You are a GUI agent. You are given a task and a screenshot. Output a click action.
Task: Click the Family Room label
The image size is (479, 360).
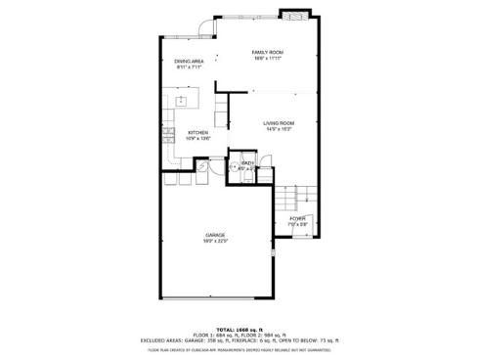(x=266, y=52)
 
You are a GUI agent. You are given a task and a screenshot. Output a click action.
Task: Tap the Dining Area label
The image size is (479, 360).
(x=189, y=61)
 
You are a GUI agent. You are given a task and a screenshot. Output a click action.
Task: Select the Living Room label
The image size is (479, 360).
(x=279, y=122)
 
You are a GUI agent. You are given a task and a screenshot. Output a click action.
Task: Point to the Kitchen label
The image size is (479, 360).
(x=197, y=132)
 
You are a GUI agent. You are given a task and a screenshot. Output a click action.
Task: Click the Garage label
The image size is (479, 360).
(x=215, y=235)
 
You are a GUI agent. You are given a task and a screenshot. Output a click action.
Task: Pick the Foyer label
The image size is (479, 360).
(x=297, y=218)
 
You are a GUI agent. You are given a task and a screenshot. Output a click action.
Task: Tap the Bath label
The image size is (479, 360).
(x=248, y=163)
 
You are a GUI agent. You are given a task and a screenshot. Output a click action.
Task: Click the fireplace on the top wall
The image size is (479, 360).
(x=292, y=15)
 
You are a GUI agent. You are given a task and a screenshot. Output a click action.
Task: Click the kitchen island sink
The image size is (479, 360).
(x=183, y=100)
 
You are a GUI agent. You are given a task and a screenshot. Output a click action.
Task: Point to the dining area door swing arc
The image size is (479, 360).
(x=206, y=28)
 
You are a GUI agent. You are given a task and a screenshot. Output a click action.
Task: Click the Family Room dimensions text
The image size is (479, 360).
(x=266, y=59)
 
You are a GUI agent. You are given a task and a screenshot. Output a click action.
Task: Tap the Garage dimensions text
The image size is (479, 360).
(x=215, y=241)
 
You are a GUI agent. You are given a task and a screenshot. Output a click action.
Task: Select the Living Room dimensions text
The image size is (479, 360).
(x=279, y=128)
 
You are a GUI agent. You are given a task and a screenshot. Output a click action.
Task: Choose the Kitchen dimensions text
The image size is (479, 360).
(x=197, y=138)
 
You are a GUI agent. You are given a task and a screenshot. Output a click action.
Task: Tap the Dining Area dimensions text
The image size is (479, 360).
(x=189, y=67)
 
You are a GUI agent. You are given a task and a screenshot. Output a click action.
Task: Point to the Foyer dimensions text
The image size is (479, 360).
(x=297, y=225)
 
